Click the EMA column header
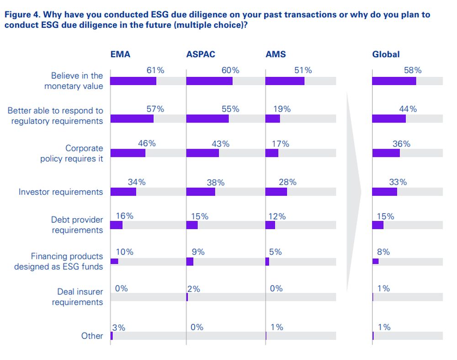pos(120,54)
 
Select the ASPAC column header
pos(201,54)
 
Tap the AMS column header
pos(276,54)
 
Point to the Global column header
pos(386,54)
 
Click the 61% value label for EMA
pos(155,70)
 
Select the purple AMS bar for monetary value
pos(285,81)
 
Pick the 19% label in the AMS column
pos(282,109)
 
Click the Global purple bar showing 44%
pos(389,118)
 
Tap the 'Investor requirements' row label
pos(61,192)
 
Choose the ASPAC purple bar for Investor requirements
pos(201,192)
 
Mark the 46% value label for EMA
pos(147,143)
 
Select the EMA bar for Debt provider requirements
pos(117,225)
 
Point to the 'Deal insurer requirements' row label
pos(77,297)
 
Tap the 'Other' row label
pos(92,336)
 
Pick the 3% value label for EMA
pos(118,328)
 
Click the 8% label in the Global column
pos(383,252)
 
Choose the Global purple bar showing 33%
pos(385,192)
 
